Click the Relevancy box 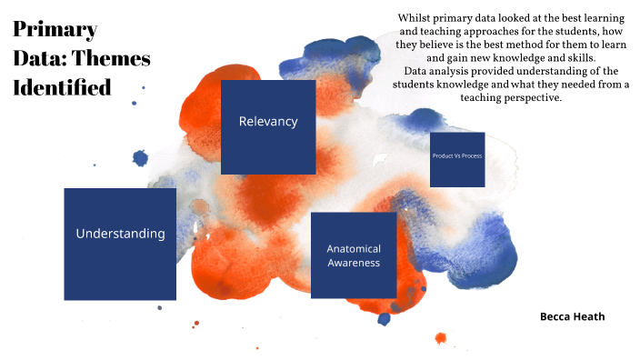[x=268, y=126]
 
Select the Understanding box [x=120, y=243]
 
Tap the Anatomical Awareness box [x=354, y=255]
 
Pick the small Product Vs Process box [x=456, y=159]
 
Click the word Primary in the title [x=55, y=29]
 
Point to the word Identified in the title [x=62, y=88]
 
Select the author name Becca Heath [x=572, y=316]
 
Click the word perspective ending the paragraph [x=532, y=97]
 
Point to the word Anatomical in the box [x=354, y=248]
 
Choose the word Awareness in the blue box [x=355, y=264]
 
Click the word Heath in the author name [x=588, y=316]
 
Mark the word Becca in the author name [x=555, y=316]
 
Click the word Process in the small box [x=471, y=156]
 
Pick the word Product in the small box [x=443, y=156]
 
